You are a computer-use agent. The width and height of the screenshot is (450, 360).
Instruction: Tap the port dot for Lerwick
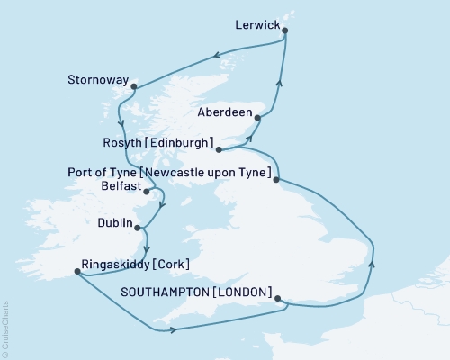click(x=285, y=31)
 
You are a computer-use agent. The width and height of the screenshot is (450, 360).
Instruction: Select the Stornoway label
click(x=98, y=78)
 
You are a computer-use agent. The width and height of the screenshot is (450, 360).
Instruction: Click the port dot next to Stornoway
click(x=133, y=87)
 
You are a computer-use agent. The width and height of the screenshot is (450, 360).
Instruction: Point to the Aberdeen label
click(x=223, y=114)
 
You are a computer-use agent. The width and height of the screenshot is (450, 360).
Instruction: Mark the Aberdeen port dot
click(x=258, y=117)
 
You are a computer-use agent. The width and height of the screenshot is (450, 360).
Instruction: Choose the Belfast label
click(x=121, y=186)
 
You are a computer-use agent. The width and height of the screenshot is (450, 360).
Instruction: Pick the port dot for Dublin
click(x=138, y=224)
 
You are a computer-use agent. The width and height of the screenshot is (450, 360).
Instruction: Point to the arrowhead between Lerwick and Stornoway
click(x=217, y=58)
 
